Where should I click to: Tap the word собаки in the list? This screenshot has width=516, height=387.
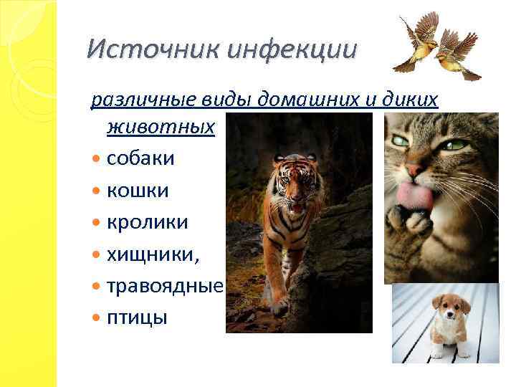(140, 158)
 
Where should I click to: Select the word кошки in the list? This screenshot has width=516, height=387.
(138, 191)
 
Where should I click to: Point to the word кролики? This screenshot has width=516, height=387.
(148, 222)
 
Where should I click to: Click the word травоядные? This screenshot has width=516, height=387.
(166, 286)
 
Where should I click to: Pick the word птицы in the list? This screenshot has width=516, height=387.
(137, 317)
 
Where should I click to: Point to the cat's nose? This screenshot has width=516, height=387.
(414, 169)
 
